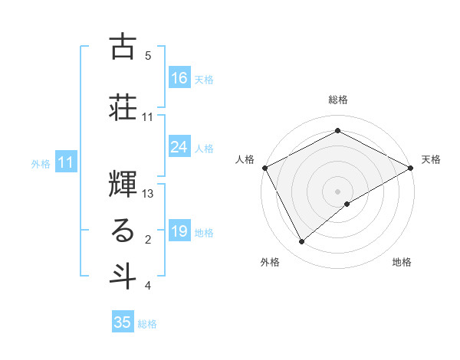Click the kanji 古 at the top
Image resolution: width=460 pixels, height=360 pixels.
pyautogui.click(x=123, y=47)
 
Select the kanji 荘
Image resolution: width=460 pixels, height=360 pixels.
pyautogui.click(x=123, y=107)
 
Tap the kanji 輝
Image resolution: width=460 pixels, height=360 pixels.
pyautogui.click(x=123, y=182)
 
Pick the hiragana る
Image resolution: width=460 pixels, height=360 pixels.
pyautogui.click(x=123, y=231)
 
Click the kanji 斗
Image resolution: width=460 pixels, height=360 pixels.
pyautogui.click(x=123, y=276)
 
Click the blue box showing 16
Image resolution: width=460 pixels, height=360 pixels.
pyautogui.click(x=179, y=77)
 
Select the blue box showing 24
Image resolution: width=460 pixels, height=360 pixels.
pyautogui.click(x=179, y=146)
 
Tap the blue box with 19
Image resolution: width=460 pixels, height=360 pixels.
pyautogui.click(x=179, y=231)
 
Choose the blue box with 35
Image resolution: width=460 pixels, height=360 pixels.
pyautogui.click(x=123, y=322)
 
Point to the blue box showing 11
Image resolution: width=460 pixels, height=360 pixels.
pyautogui.click(x=66, y=162)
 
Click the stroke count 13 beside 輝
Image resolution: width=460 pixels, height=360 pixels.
pyautogui.click(x=149, y=194)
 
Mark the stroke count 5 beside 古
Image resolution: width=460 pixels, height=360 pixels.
pyautogui.click(x=148, y=56)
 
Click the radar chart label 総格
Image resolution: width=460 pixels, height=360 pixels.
pyautogui.click(x=337, y=100)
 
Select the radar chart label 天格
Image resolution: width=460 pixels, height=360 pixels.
pyautogui.click(x=431, y=159)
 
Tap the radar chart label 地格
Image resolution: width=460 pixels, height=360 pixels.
pyautogui.click(x=402, y=262)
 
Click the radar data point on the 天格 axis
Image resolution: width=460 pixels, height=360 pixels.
pyautogui.click(x=411, y=168)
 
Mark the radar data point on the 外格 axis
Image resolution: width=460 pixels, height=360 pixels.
pyautogui.click(x=302, y=241)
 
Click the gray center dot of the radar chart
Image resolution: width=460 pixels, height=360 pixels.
pyautogui.click(x=337, y=191)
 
